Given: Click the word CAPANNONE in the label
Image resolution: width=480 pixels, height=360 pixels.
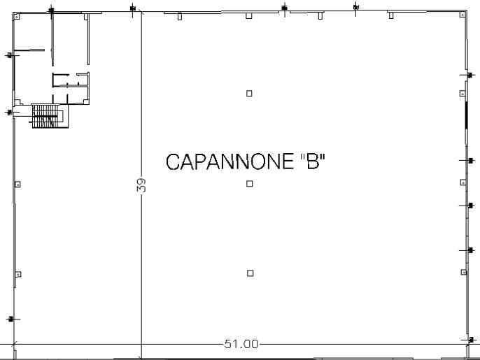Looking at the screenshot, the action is click(230, 161).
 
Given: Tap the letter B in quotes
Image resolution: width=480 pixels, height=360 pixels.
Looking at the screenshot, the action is click(313, 161).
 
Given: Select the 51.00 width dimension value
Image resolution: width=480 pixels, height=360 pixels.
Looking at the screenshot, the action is click(241, 344).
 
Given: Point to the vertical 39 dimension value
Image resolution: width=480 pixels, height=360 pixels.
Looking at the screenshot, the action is click(141, 185).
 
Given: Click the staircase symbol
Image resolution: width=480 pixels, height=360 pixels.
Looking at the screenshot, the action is click(50, 116).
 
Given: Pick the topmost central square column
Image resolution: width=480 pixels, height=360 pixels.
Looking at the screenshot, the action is click(249, 93).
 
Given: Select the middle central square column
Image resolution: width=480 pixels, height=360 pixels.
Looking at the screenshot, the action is click(250, 184).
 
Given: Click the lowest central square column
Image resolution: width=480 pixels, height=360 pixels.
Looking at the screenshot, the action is click(250, 273).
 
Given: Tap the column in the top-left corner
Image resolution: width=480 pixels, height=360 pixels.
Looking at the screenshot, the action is click(17, 16).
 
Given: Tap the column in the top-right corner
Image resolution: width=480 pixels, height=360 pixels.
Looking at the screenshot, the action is click(463, 15).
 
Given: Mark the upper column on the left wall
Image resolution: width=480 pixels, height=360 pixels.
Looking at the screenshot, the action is click(17, 185).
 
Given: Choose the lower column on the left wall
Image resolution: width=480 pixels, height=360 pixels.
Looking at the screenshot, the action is click(18, 274).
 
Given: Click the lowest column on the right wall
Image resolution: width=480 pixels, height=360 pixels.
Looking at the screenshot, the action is click(464, 272).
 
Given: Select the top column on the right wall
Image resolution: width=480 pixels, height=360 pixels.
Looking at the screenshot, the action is click(463, 93).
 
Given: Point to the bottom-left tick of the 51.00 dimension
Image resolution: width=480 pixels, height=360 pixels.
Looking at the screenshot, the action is click(14, 344).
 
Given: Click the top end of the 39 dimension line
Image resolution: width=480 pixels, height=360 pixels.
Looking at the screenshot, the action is click(141, 12).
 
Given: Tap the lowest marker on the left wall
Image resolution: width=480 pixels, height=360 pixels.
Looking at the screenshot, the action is click(11, 319).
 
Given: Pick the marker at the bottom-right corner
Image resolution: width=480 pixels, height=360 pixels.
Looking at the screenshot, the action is click(471, 340).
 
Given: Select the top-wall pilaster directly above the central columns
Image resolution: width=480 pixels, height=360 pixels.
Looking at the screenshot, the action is click(249, 15).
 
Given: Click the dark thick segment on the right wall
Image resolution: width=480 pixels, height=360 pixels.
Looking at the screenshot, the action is click(466, 115).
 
